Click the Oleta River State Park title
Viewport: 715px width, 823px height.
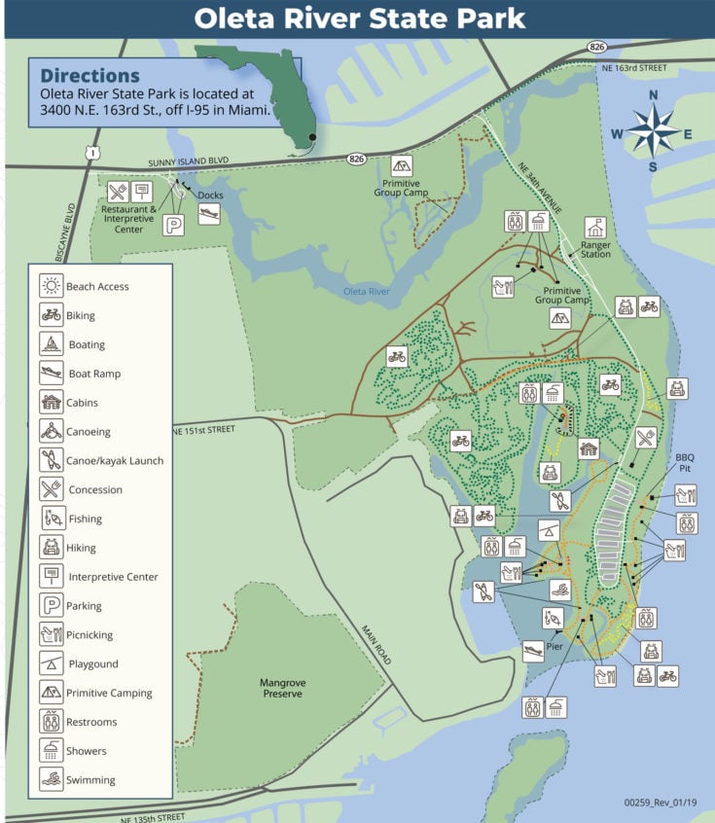pyautogui.click(x=359, y=18)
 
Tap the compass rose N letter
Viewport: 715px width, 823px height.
pyautogui.click(x=654, y=95)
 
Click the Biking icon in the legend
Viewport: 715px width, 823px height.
pyautogui.click(x=51, y=315)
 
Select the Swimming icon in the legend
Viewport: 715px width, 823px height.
pyautogui.click(x=51, y=779)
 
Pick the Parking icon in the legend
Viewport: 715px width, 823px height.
pyautogui.click(x=51, y=605)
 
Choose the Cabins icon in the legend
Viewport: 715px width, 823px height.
pyautogui.click(x=51, y=403)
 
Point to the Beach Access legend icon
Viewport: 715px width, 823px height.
pyautogui.click(x=51, y=286)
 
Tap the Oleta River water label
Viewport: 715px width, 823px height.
pyautogui.click(x=367, y=292)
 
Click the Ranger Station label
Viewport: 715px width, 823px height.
pyautogui.click(x=595, y=249)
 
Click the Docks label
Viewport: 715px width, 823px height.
pyautogui.click(x=209, y=196)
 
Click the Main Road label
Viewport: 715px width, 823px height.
pyautogui.click(x=377, y=645)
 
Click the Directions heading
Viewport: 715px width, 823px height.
pyautogui.click(x=90, y=75)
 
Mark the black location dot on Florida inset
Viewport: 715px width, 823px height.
pyautogui.click(x=312, y=137)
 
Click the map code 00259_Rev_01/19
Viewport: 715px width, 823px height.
pyautogui.click(x=661, y=804)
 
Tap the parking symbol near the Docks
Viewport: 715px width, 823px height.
pyautogui.click(x=173, y=224)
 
